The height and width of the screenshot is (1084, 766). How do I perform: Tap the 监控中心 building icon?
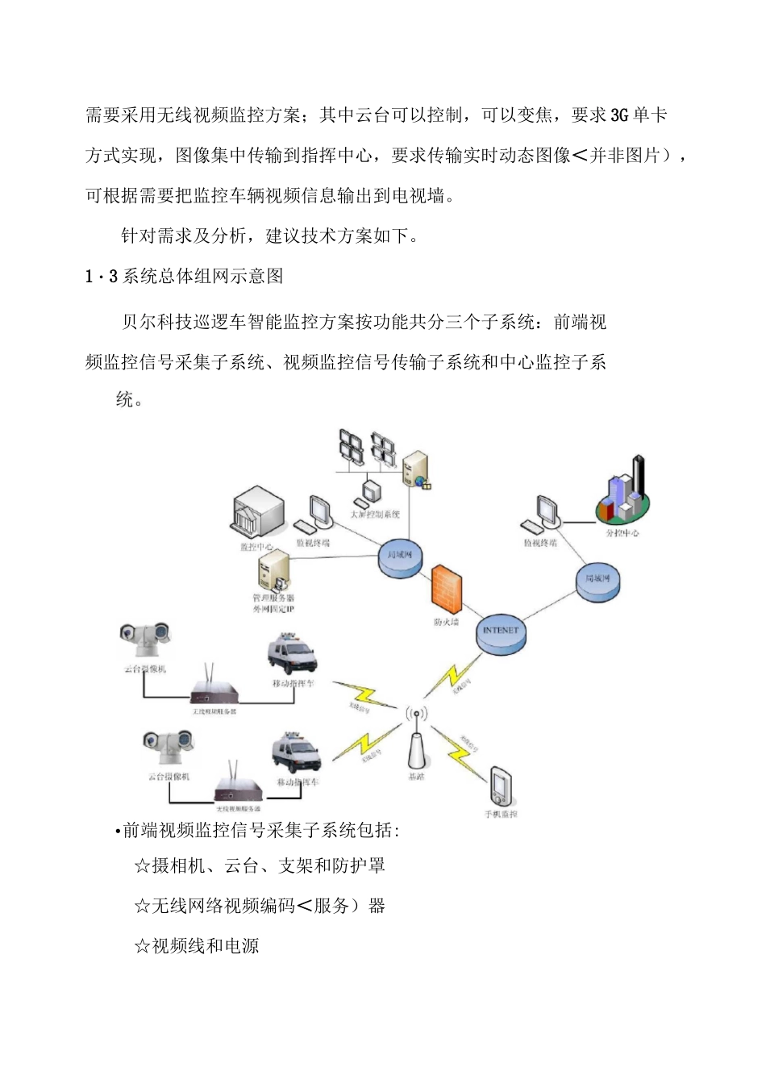(259, 513)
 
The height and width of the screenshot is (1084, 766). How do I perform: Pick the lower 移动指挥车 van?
(296, 753)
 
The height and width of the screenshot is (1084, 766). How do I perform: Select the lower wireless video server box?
(238, 790)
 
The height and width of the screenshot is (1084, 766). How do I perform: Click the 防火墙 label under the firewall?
(445, 622)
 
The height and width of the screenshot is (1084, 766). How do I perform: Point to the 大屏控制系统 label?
(375, 515)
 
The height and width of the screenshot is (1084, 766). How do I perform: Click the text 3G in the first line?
(619, 115)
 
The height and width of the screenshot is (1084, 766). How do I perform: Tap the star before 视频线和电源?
(142, 946)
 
